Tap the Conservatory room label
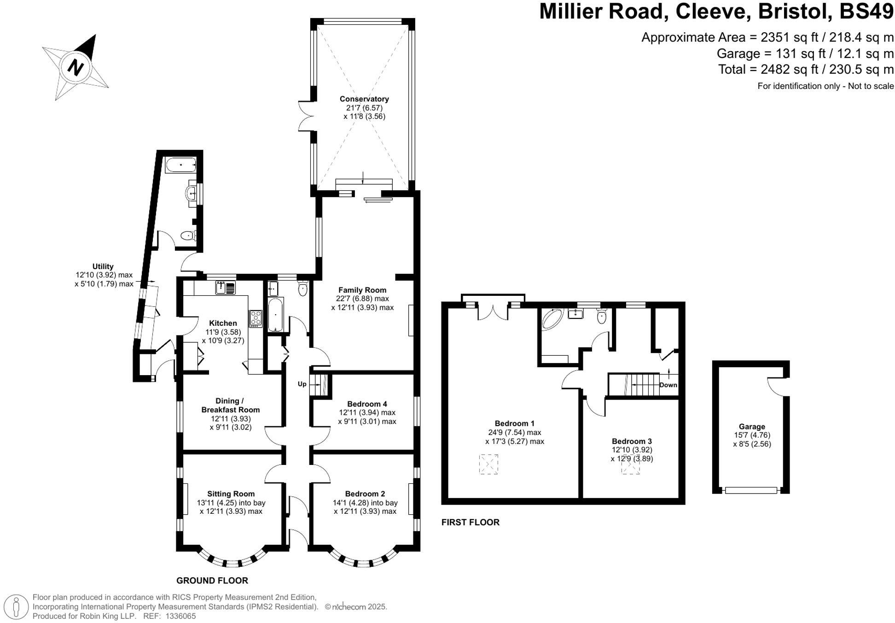click(364, 99)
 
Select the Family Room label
click(362, 290)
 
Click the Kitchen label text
click(223, 323)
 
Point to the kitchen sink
click(226, 288)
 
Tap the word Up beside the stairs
click(302, 384)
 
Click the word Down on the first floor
click(668, 385)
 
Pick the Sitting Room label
click(231, 494)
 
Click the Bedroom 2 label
click(365, 494)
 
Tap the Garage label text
click(752, 427)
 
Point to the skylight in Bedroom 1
click(488, 464)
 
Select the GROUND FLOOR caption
click(212, 581)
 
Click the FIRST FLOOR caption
click(470, 522)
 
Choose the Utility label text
click(103, 266)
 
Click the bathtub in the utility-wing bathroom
click(180, 165)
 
